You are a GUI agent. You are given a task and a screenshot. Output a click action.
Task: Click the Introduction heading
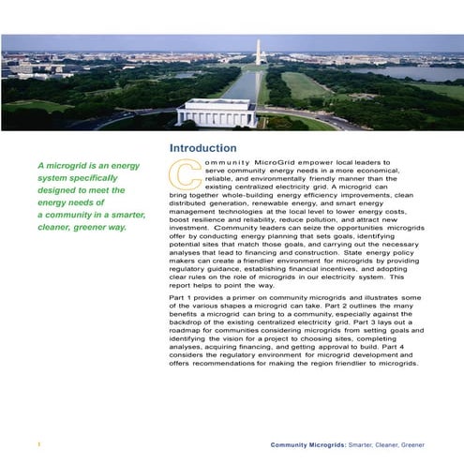[202, 148]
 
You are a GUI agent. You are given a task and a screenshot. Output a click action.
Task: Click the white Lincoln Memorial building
[216, 112]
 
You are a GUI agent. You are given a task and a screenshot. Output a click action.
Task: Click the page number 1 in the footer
[37, 442]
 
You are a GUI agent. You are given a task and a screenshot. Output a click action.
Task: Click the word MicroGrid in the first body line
[270, 164]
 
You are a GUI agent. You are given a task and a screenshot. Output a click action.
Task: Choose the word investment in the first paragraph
[190, 228]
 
